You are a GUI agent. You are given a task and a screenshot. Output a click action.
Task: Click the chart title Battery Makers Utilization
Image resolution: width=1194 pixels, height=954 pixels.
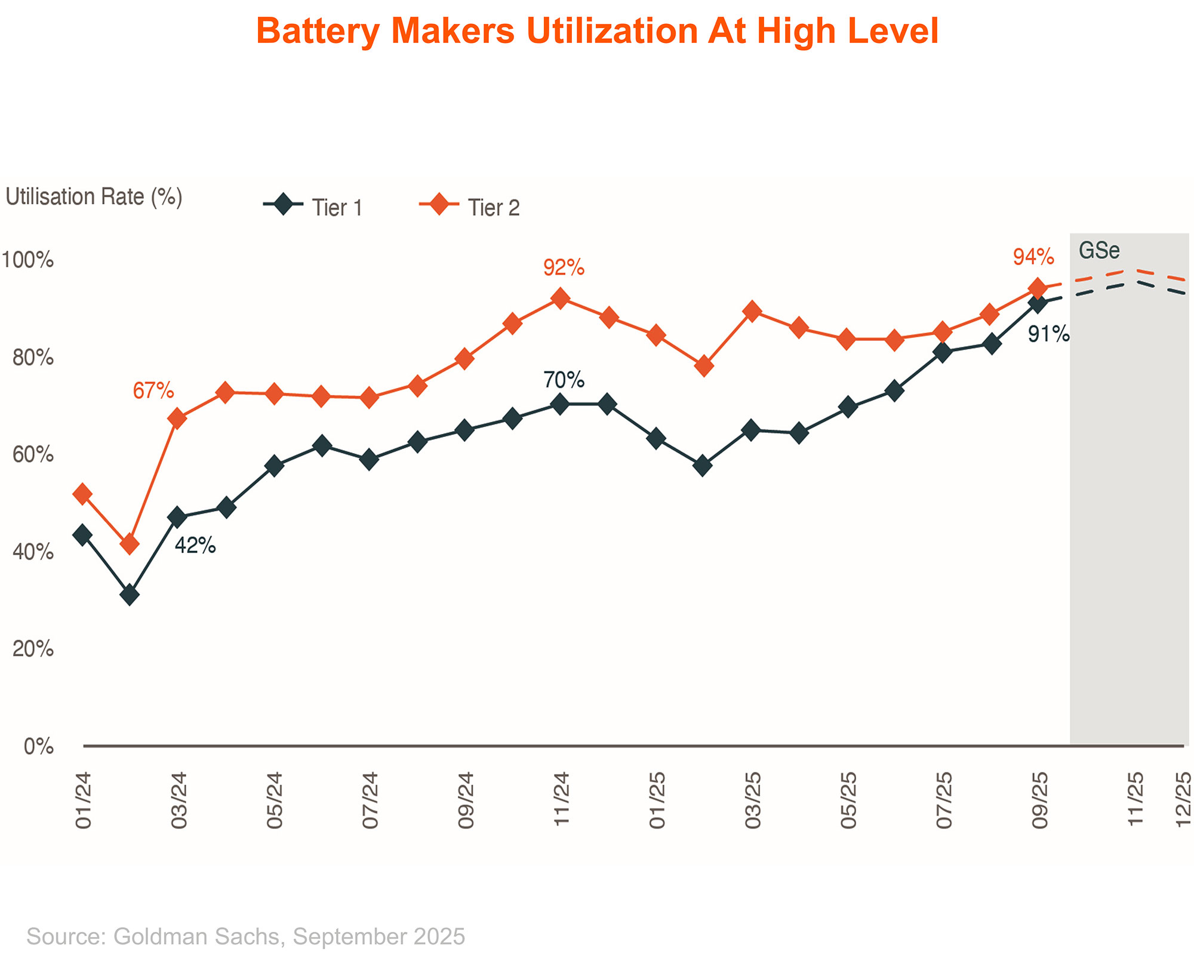click(597, 31)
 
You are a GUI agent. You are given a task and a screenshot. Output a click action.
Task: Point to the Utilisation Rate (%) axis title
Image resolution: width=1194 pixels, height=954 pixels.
click(94, 196)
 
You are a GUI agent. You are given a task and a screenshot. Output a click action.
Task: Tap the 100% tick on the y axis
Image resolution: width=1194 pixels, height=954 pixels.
click(27, 260)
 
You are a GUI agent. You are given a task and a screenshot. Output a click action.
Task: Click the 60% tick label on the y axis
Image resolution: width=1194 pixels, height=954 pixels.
click(33, 456)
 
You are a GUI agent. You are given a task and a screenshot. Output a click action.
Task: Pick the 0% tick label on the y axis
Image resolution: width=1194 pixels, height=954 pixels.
click(39, 746)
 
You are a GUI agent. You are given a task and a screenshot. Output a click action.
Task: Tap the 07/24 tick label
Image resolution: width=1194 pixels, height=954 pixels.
click(370, 800)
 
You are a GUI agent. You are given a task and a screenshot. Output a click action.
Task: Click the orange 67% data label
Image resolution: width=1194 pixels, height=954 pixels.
click(153, 391)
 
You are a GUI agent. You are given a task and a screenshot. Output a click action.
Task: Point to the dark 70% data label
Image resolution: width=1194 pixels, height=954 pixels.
click(564, 380)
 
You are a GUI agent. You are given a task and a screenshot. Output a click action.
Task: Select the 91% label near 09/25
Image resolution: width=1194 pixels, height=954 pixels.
click(1048, 335)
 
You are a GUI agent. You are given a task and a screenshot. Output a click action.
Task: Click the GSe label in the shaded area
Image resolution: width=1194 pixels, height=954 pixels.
click(1099, 251)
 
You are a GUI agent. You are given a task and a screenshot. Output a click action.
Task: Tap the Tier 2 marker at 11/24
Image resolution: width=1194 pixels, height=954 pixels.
click(560, 298)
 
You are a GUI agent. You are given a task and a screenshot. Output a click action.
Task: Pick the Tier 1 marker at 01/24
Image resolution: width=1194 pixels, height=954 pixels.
click(82, 534)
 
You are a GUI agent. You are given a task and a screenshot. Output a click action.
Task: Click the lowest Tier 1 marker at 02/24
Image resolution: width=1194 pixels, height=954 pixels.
click(129, 595)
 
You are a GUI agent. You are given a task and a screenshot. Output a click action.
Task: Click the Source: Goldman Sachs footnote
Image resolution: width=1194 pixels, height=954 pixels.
click(245, 936)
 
